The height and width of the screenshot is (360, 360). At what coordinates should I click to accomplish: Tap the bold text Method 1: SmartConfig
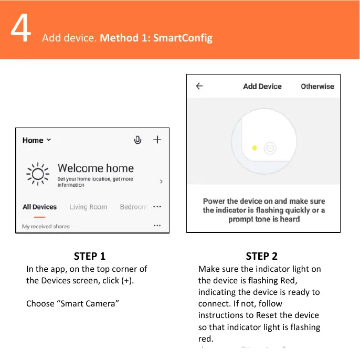point(156,38)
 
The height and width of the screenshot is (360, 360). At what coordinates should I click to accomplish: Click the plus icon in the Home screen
point(157,140)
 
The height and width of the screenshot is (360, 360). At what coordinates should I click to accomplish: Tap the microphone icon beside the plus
point(137,140)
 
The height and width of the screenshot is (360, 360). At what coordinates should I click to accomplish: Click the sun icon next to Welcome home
point(37,174)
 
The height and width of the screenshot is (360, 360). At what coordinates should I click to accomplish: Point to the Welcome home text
point(96,168)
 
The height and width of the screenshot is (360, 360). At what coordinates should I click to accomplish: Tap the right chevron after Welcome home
point(161,181)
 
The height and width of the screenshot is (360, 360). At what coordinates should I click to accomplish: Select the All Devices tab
point(39,207)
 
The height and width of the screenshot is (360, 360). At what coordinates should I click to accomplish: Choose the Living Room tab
point(88,207)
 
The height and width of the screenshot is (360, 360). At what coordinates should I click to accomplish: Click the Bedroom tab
point(133,207)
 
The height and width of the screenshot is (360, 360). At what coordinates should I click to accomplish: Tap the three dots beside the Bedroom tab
point(157,207)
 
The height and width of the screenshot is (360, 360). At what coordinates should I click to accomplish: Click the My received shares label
point(46,226)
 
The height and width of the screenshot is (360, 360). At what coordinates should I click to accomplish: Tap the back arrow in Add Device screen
point(199,87)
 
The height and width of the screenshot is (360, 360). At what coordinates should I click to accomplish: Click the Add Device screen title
point(262,87)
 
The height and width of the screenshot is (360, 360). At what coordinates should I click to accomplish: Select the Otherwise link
point(317,87)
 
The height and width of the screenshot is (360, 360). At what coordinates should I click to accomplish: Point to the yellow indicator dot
point(255,148)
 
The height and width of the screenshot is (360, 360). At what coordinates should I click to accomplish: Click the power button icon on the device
point(269,148)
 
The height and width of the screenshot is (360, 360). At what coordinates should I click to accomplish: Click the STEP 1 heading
point(90,256)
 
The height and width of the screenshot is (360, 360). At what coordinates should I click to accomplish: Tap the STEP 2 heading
point(261,256)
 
